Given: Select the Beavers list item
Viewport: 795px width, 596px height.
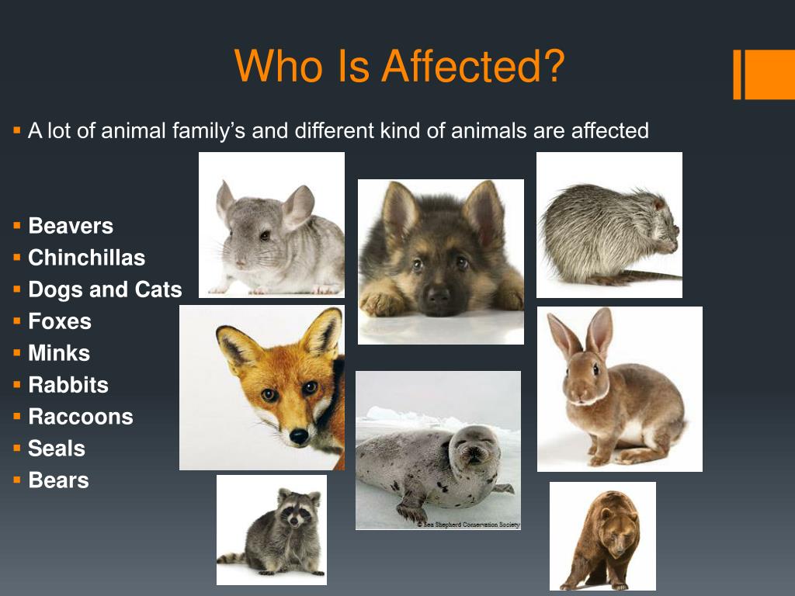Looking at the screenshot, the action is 71,226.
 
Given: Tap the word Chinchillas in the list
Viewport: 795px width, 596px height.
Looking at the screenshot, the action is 87,258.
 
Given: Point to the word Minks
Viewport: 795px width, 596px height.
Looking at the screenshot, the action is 59,353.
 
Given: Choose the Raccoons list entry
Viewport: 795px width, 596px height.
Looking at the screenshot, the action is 81,417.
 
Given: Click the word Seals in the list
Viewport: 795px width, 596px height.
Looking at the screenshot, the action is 57,449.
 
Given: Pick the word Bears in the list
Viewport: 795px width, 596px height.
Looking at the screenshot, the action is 59,480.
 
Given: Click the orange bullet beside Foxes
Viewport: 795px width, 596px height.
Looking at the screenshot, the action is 17,321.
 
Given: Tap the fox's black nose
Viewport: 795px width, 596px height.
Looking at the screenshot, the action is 299,436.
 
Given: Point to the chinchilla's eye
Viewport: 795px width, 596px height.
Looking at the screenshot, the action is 265,235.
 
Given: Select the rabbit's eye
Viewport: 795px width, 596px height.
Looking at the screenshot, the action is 595,369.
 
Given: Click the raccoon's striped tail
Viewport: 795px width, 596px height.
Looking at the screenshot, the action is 232,558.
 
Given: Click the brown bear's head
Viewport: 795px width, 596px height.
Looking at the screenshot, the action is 616,532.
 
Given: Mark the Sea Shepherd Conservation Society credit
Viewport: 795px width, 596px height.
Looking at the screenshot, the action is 468,525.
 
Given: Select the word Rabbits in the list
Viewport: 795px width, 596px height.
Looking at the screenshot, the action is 68,385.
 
